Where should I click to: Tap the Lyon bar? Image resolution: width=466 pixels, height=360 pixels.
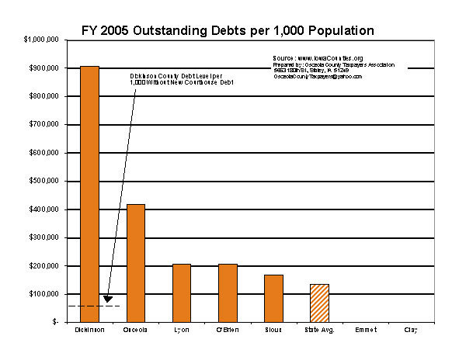click(182, 292)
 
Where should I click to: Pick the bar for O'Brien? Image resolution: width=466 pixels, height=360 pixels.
click(228, 292)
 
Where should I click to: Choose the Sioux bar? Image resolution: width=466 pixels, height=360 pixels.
click(273, 297)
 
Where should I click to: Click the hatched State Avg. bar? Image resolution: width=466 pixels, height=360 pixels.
click(319, 302)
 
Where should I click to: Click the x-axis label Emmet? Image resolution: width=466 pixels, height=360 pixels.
click(365, 330)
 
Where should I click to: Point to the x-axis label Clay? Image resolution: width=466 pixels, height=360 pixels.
click(411, 330)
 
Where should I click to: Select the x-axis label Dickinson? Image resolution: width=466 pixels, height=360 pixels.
click(90, 330)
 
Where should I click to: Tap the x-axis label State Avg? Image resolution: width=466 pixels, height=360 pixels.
click(319, 330)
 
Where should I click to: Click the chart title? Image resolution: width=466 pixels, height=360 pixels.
click(228, 30)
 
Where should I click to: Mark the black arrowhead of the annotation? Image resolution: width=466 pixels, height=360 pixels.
click(108, 298)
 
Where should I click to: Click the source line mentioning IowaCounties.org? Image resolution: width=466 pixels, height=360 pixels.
click(318, 58)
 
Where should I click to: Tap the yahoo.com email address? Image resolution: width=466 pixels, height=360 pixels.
click(318, 76)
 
